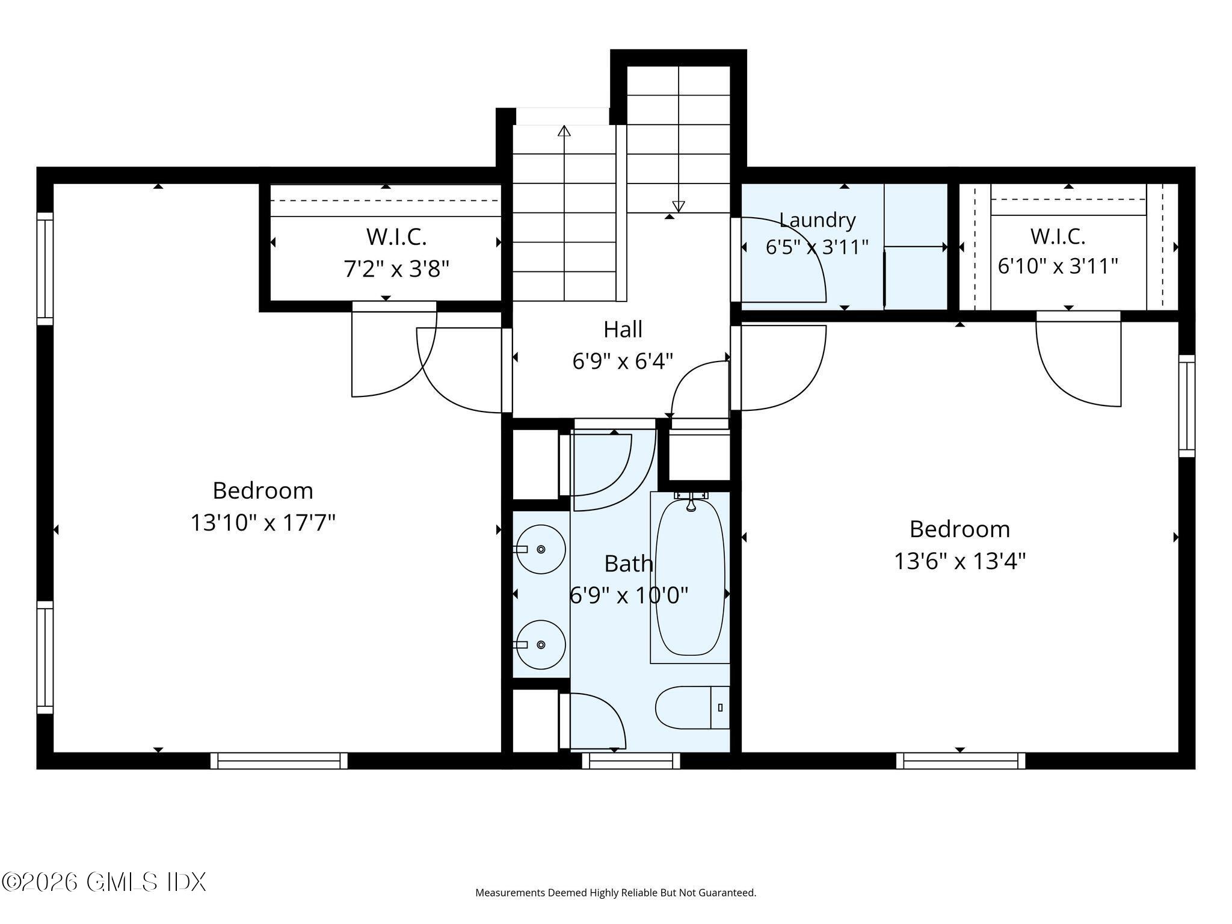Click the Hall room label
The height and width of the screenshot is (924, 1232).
(623, 329)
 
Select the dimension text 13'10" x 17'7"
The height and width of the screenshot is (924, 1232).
(263, 523)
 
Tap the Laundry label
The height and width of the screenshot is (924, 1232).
(817, 220)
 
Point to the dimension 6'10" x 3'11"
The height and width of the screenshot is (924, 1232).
(1058, 265)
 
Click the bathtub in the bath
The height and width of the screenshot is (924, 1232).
(690, 577)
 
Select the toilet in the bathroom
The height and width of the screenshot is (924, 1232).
(692, 707)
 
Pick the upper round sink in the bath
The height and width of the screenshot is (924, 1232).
(540, 549)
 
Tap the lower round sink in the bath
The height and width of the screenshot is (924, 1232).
(540, 644)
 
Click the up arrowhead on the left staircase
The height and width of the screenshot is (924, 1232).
(564, 131)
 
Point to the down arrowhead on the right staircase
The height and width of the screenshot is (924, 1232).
(679, 206)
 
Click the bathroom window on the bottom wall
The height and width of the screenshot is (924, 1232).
(631, 761)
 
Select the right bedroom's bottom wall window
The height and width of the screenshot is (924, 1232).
(961, 761)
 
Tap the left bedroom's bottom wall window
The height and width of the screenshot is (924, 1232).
(279, 761)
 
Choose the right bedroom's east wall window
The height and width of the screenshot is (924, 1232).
(1187, 406)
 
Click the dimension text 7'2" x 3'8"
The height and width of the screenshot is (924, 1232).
(396, 268)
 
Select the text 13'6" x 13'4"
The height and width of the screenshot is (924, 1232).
(959, 561)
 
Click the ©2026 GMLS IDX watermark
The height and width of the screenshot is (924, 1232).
(103, 882)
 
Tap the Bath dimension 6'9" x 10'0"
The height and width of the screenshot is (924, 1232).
(629, 596)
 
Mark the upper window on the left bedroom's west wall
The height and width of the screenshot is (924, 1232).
(45, 269)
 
